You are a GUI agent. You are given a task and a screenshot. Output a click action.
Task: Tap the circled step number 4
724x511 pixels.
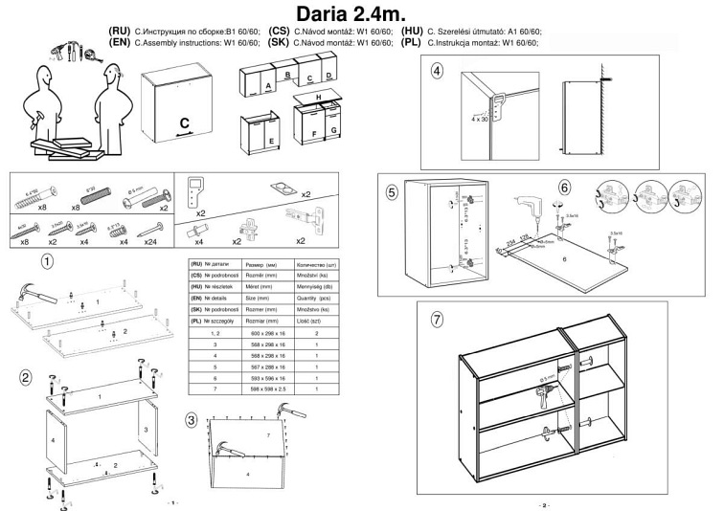[437, 71]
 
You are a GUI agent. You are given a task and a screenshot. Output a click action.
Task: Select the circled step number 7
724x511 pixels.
[438, 320]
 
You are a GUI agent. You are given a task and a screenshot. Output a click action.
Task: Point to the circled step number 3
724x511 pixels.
[192, 419]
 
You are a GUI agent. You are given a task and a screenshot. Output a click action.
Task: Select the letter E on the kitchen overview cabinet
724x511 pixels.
[272, 140]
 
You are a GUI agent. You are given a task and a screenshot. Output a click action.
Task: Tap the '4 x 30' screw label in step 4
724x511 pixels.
[480, 120]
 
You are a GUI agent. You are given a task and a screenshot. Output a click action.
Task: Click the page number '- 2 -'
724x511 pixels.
[544, 504]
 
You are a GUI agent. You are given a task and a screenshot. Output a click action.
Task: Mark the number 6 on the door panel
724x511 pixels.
[564, 259]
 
